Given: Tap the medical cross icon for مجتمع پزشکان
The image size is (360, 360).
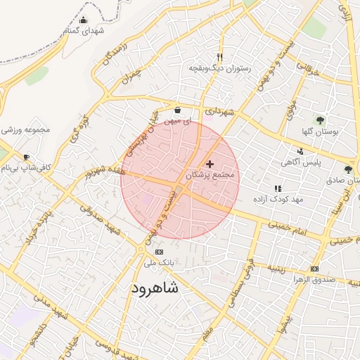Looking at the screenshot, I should (210, 164).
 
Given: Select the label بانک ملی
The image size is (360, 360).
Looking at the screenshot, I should (158, 263).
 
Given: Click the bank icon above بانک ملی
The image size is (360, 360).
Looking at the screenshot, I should (158, 252).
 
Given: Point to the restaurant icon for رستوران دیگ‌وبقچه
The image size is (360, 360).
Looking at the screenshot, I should (220, 57).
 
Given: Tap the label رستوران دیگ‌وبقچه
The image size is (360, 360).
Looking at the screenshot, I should (216, 69).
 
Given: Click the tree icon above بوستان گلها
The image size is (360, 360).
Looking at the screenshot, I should (321, 120).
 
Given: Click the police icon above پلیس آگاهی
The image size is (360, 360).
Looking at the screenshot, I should (301, 151).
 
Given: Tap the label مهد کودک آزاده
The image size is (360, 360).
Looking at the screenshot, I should (278, 200).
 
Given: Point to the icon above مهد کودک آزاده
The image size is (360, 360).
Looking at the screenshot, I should (278, 188).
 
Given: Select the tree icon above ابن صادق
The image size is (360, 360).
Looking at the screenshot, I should (349, 169).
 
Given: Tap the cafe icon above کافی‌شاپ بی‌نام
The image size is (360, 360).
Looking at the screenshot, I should (27, 157).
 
